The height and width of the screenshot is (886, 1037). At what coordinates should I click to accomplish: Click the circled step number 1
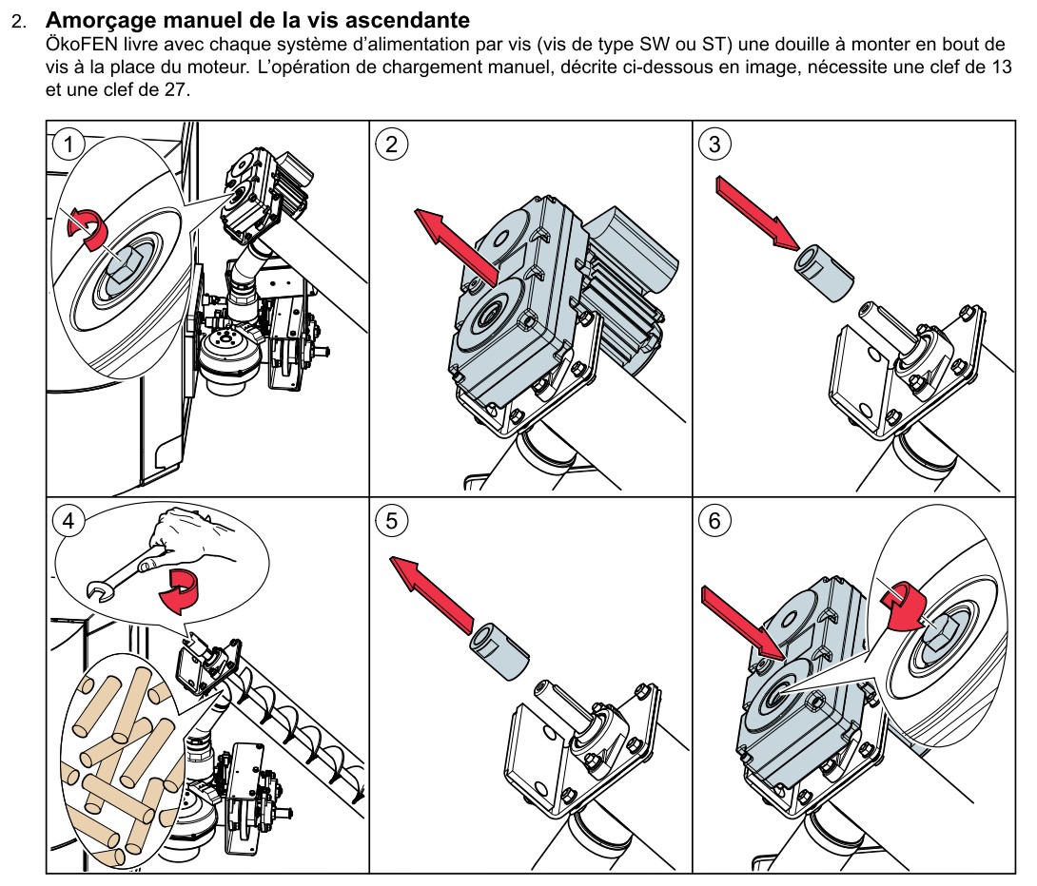point(68,144)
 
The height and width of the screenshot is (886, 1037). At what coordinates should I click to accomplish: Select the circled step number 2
point(391,144)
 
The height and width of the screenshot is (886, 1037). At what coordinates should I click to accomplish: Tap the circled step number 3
point(714,144)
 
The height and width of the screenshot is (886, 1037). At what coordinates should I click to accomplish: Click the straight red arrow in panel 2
point(454,242)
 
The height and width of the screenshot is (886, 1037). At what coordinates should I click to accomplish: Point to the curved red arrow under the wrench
point(178,593)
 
